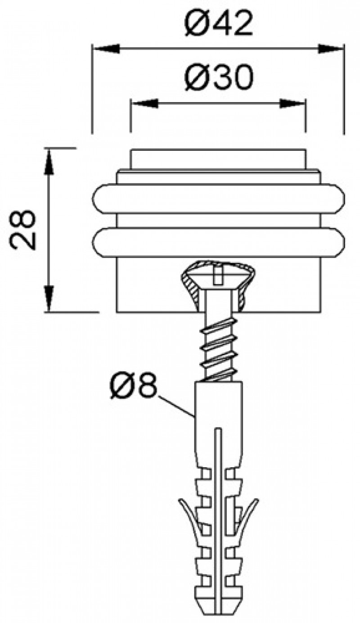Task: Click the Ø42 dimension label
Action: pyautogui.click(x=218, y=24)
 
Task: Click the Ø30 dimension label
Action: pyautogui.click(x=218, y=79)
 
